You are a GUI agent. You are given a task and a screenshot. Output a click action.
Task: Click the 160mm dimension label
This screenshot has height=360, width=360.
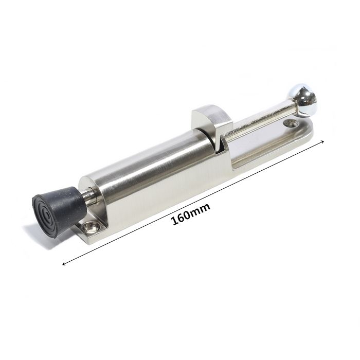[191, 214]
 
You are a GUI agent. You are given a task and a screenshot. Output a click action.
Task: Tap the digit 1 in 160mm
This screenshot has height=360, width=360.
[174, 221]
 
